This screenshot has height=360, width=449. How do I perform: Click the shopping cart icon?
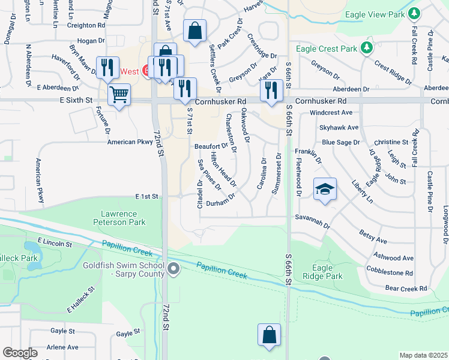tap(119, 94)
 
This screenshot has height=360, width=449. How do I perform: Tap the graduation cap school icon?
tap(325, 189)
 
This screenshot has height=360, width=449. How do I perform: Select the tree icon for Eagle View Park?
tap(413, 13)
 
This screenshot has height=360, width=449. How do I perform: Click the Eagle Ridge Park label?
tap(327, 272)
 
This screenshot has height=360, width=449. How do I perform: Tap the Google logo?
tap(20, 353)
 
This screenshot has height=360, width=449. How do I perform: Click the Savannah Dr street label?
tap(312, 220)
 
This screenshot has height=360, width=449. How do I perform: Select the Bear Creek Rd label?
tap(406, 289)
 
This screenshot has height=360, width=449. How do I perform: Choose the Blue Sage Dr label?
tap(340, 142)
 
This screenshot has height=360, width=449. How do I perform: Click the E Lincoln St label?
tap(54, 242)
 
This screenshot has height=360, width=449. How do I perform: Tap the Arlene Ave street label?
tap(63, 347)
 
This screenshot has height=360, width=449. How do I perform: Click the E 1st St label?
tap(146, 196)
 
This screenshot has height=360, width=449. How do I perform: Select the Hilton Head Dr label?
tap(223, 168)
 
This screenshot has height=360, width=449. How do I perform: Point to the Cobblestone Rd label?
tap(390, 272)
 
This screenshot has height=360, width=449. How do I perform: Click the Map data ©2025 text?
tap(424, 355)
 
